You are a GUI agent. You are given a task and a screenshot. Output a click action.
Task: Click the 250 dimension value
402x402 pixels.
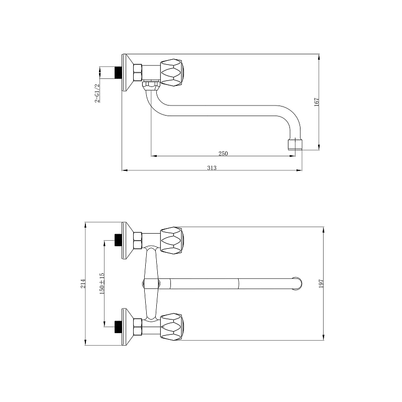(x=223, y=153)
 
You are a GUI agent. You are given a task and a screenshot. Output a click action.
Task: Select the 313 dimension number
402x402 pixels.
(x=212, y=168)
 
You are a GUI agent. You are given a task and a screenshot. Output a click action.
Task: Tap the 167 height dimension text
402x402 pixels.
(x=317, y=102)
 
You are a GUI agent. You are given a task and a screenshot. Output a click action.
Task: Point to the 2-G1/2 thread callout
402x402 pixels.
(x=97, y=93)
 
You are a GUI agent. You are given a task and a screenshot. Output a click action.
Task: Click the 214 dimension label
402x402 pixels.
(x=83, y=283)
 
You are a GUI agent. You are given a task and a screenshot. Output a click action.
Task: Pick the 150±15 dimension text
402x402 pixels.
(x=102, y=283)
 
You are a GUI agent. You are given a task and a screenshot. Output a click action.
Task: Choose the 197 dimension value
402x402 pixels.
(x=321, y=283)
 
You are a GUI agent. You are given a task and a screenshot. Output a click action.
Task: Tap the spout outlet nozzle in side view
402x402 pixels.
(x=295, y=144)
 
